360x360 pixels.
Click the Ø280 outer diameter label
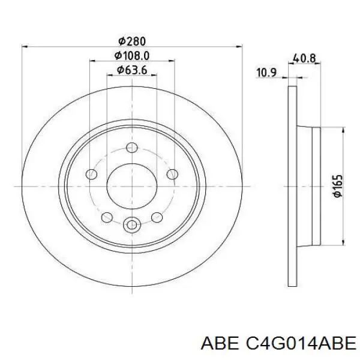coord(132,41)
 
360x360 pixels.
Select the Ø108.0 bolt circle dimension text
coord(132,56)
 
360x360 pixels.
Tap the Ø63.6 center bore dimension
coord(132,70)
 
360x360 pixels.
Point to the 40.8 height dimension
coord(304,58)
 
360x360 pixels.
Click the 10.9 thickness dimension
coord(266,73)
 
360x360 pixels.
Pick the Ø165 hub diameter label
coord(338,186)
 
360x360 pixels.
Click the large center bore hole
coord(132,186)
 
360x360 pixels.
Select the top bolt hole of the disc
coord(132,148)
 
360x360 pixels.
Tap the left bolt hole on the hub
coord(91,174)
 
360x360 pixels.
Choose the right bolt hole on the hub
coord(172,174)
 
